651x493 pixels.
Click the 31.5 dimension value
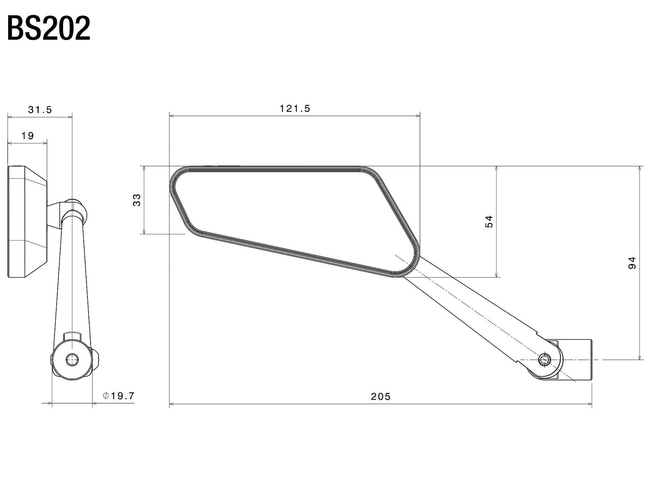40,110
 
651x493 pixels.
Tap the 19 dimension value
27,136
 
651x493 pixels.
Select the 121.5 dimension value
295,109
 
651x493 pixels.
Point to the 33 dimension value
137,200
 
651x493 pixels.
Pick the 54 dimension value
489,221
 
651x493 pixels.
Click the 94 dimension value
632,263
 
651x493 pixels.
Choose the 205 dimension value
381,397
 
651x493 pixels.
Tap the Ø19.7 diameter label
118,396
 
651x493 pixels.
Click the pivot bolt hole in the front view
544,359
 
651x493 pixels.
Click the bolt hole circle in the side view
72,359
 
